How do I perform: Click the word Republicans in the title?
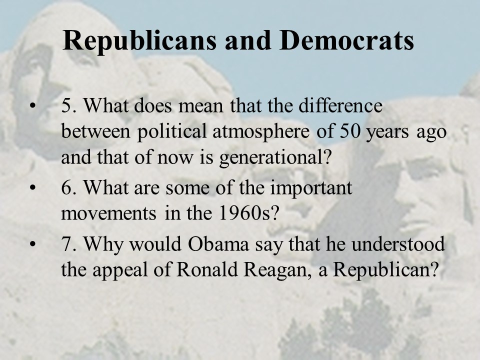point(139,40)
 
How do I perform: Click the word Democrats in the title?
point(346,40)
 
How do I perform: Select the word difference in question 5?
point(340,105)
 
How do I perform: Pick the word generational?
point(275,157)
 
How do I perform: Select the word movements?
point(108,213)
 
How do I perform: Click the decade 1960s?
point(248,213)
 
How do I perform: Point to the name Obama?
point(218,244)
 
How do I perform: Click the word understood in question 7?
point(398,243)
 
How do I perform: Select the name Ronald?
point(207,269)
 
